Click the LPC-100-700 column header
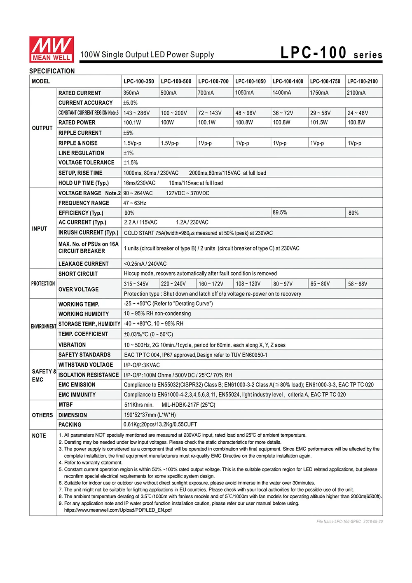click(213, 82)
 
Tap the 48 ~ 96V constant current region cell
click(246, 113)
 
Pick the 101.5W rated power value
click(319, 123)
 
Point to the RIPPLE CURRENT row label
click(80, 133)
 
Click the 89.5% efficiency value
click(280, 213)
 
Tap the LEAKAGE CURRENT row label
click(83, 264)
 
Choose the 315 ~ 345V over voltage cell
click(136, 284)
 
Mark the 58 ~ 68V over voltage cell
click(358, 284)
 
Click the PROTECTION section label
click(43, 284)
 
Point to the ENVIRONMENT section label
click(43, 327)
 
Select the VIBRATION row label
click(72, 345)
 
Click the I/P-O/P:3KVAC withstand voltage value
click(142, 365)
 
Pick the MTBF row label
click(66, 405)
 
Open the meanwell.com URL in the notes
click(118, 510)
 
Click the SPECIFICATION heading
click(52, 71)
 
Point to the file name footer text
click(349, 522)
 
